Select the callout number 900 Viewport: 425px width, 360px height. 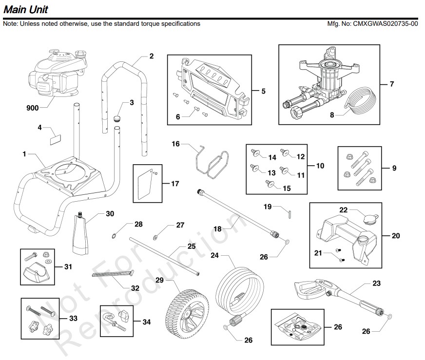32,108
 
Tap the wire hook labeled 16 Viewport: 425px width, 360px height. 211,163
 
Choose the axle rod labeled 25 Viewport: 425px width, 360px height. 164,255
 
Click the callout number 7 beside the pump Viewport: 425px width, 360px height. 391,84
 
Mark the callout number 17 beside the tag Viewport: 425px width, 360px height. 174,184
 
